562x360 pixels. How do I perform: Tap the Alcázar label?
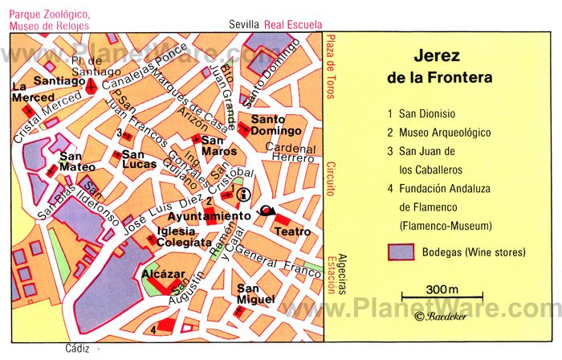pos(157,273)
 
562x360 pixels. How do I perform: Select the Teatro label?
pos(292,231)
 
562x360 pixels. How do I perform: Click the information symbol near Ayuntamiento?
pos(243,194)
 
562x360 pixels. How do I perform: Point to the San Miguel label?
pos(255,294)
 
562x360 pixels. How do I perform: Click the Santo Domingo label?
pos(275,125)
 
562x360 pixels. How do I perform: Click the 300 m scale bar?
pos(442,297)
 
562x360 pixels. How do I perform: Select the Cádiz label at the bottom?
pos(76,349)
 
